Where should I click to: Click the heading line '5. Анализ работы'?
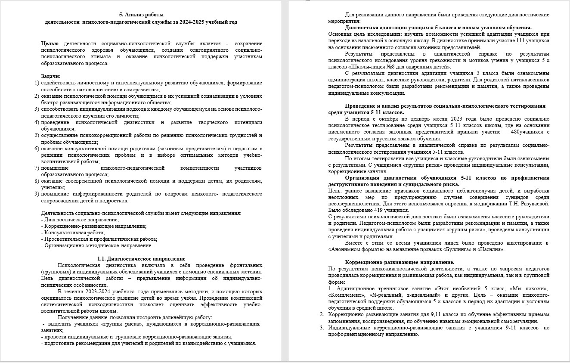[141, 15]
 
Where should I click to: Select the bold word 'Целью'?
[50, 43]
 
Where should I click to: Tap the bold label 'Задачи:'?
[51, 76]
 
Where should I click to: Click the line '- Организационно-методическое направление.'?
[97, 245]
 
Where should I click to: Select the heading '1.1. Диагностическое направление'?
[141, 259]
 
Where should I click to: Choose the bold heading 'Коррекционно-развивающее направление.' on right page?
[400, 262]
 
